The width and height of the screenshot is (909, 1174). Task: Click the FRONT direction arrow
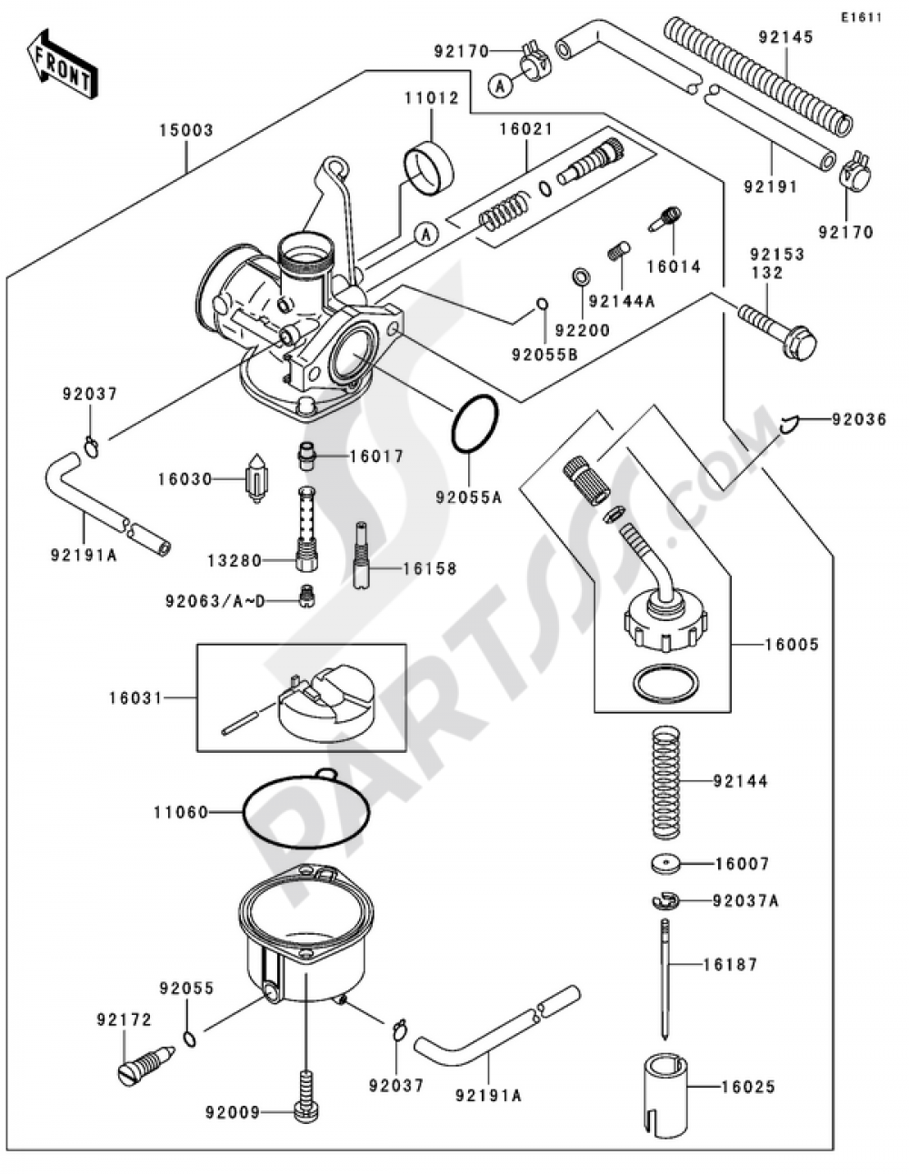pos(62,65)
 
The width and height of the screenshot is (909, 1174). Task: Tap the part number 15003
pos(186,131)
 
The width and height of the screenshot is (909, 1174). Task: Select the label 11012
pos(432,98)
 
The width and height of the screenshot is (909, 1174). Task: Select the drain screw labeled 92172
pos(145,1064)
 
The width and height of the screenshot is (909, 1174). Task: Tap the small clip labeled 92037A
pos(664,901)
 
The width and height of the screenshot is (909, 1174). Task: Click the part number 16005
pos(792,644)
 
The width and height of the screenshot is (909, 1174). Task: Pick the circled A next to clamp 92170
pos(501,85)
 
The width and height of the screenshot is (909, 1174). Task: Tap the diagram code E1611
pos(861,18)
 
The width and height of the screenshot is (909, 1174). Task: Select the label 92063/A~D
pos(215,601)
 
